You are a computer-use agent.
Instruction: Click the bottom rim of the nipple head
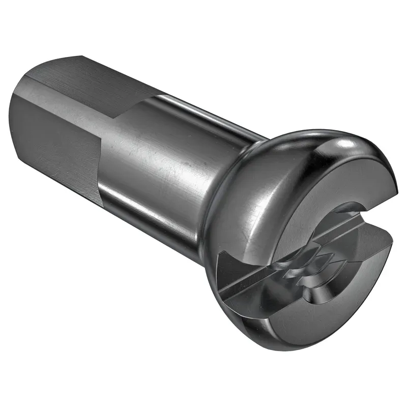coord(285,346)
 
